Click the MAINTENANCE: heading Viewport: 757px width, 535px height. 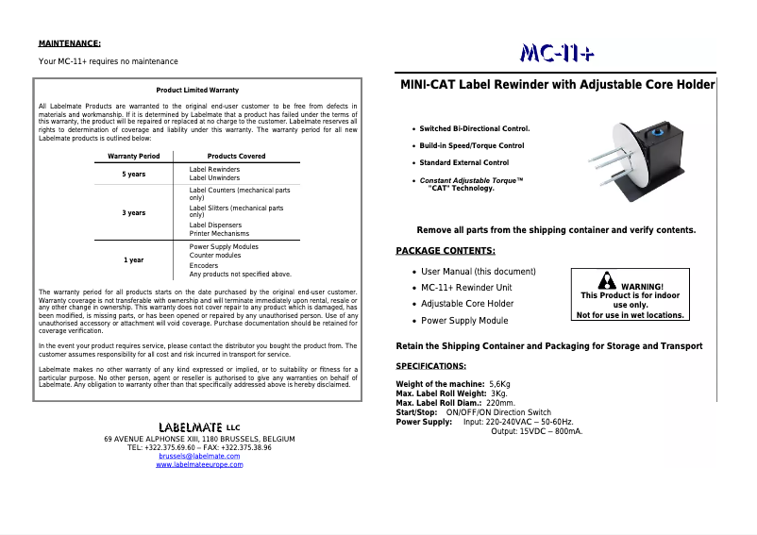pyautogui.click(x=69, y=42)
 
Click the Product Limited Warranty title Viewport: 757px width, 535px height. pyautogui.click(x=197, y=90)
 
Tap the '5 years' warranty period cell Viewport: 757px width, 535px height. pyautogui.click(x=134, y=174)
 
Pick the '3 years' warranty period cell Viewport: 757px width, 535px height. pyautogui.click(x=134, y=212)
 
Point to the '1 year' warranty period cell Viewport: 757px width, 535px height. pyautogui.click(x=134, y=259)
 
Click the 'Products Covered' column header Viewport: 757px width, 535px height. pyautogui.click(x=236, y=156)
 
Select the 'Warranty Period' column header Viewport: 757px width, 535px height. pyautogui.click(x=134, y=156)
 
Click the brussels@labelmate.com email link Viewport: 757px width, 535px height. pyautogui.click(x=199, y=456)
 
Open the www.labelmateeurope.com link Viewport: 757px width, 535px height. pyautogui.click(x=199, y=464)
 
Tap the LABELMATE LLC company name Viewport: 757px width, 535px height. pyautogui.click(x=199, y=428)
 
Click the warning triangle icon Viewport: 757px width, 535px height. pyautogui.click(x=607, y=282)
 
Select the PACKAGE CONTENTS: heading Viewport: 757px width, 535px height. pyautogui.click(x=446, y=250)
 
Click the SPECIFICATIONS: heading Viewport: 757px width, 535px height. pyautogui.click(x=430, y=365)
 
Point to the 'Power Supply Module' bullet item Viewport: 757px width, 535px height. pyautogui.click(x=464, y=321)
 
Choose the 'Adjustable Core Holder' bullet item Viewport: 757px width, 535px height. pyautogui.click(x=467, y=304)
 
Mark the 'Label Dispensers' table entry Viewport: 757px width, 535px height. pyautogui.click(x=215, y=226)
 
